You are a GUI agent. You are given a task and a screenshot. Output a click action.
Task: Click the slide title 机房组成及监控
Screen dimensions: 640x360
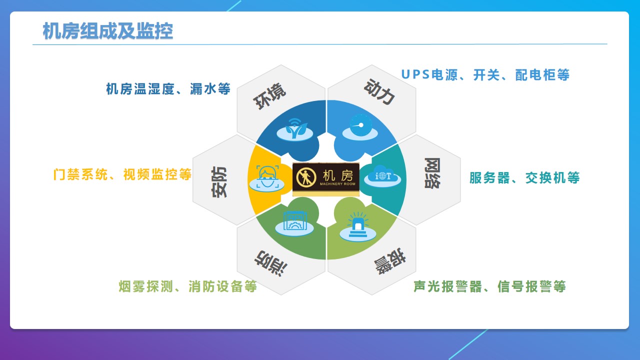click(108, 31)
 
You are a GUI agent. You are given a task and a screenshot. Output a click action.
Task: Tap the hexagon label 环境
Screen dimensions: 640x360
click(269, 96)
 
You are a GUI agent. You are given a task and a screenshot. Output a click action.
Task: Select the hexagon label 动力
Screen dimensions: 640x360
click(379, 91)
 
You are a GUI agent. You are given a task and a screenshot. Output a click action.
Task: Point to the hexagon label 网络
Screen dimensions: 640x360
click(432, 173)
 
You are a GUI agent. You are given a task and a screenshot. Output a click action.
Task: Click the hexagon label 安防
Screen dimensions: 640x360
click(219, 182)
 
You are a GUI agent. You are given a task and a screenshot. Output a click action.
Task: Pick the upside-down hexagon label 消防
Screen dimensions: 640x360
click(271, 263)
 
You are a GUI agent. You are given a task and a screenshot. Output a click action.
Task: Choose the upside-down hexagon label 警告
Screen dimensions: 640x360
click(390, 261)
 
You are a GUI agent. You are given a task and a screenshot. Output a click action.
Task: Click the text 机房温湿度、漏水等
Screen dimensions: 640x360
click(168, 89)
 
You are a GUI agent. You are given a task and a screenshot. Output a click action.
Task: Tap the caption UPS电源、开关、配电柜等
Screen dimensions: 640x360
click(485, 75)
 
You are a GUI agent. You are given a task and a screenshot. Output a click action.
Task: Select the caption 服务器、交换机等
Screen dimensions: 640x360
click(524, 177)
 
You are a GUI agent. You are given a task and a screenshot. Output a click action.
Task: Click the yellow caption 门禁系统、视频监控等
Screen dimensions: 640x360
click(122, 174)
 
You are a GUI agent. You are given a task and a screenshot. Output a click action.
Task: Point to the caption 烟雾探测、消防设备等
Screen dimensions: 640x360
click(187, 286)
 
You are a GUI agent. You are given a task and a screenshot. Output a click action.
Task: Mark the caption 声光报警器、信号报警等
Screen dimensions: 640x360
click(489, 286)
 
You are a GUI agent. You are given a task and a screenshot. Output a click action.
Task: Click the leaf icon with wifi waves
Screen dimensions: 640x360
click(295, 130)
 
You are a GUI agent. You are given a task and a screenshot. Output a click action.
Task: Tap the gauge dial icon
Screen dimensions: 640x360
click(360, 127)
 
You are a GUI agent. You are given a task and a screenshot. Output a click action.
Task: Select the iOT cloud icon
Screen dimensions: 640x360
click(382, 176)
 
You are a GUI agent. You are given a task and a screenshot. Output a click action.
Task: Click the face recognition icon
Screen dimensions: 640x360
click(267, 178)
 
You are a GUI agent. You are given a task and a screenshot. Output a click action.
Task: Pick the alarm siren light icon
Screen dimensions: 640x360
click(357, 227)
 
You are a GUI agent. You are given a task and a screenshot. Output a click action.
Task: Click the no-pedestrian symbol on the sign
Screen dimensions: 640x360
click(306, 177)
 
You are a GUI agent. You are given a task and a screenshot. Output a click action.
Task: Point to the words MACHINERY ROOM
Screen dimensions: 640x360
click(337, 184)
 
